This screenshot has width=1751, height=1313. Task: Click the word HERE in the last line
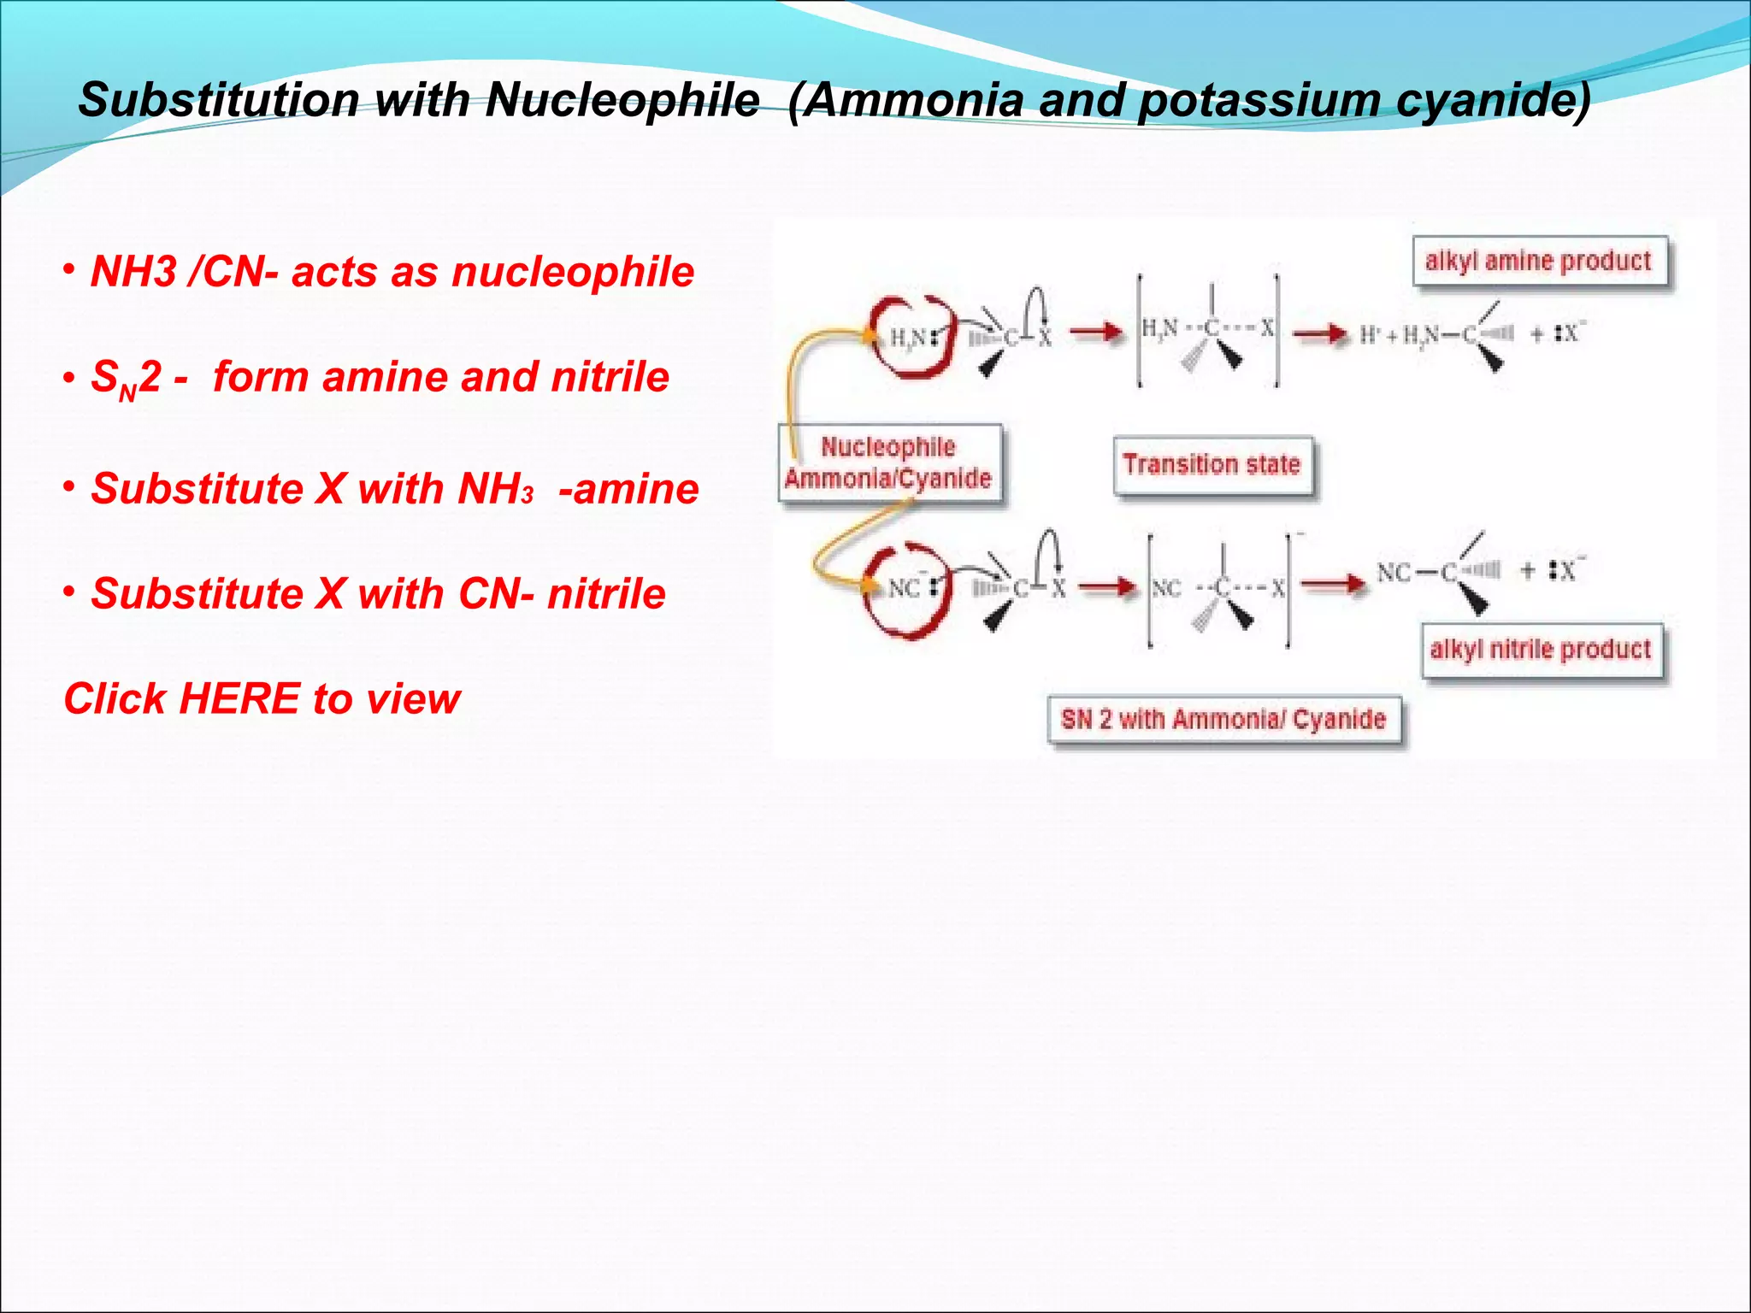[240, 699]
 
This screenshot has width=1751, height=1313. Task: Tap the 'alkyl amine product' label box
[1539, 261]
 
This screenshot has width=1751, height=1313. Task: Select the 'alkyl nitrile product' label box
[1541, 650]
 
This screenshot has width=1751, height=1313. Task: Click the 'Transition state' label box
[1212, 464]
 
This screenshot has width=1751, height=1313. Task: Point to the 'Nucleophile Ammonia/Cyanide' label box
[888, 462]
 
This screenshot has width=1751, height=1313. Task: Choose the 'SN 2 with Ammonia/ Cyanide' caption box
[1223, 720]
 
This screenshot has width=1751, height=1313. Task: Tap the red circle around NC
[906, 589]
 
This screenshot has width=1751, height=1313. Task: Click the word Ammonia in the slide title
[914, 100]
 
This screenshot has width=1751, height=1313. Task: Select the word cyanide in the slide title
[1494, 100]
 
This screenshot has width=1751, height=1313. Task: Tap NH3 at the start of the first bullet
[133, 273]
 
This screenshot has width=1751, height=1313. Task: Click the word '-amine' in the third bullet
[628, 490]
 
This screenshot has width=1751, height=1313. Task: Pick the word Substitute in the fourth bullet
[197, 594]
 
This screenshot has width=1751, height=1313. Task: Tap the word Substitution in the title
[219, 100]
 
